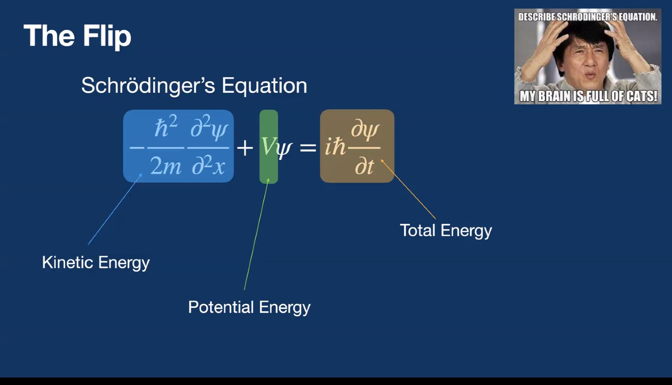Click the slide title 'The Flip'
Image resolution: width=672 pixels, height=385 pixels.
(x=77, y=36)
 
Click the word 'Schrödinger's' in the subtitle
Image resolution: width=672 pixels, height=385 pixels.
(x=148, y=86)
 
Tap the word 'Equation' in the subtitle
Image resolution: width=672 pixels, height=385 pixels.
(x=264, y=86)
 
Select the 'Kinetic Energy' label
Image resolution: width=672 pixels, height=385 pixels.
(x=96, y=263)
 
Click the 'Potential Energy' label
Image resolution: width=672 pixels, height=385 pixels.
(x=249, y=308)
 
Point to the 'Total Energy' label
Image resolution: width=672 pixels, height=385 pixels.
(x=446, y=231)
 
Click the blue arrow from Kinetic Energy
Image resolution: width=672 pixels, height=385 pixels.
(x=115, y=209)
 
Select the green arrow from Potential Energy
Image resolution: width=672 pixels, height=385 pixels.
(x=256, y=234)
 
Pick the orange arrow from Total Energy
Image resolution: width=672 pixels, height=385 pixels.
(x=408, y=189)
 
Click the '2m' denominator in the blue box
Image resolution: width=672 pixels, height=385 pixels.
(x=165, y=166)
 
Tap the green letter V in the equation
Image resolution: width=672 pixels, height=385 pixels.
(x=268, y=147)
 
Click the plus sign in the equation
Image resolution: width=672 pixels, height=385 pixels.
(x=245, y=148)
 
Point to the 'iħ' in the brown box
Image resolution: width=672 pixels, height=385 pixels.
(x=335, y=147)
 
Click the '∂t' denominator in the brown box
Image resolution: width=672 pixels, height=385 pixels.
(x=365, y=166)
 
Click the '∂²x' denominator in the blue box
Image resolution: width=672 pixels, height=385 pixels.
(x=208, y=165)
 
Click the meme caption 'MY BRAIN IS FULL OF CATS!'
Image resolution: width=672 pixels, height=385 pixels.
(x=588, y=96)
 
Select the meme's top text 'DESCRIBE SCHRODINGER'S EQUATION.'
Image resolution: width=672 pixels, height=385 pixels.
(x=588, y=17)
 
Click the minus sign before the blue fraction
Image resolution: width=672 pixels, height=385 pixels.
(x=137, y=148)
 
